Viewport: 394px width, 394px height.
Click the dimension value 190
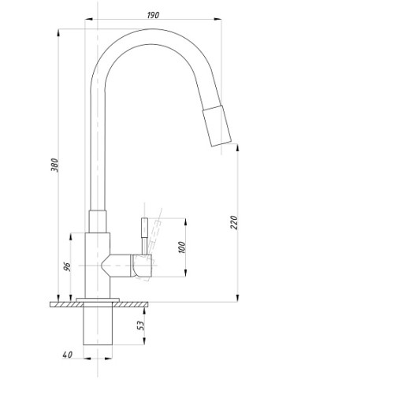[x=153, y=15]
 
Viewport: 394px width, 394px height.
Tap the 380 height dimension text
[x=54, y=165]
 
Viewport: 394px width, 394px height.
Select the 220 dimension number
[x=234, y=222]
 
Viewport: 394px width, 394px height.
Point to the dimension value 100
[x=182, y=247]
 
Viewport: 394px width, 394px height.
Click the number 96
[x=67, y=267]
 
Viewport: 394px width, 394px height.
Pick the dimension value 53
[x=141, y=325]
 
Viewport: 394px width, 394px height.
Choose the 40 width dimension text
[x=67, y=355]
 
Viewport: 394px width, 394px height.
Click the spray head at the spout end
[x=217, y=125]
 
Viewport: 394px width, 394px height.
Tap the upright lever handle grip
[x=144, y=228]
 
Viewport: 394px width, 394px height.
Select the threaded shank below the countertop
[x=98, y=325]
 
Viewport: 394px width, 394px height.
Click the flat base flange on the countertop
[x=98, y=299]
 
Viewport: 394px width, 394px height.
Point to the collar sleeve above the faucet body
[x=98, y=221]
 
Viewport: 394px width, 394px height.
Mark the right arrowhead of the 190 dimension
[x=217, y=19]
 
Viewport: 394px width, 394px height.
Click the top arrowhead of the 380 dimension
[x=58, y=33]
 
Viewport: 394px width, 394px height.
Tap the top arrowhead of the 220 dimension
[x=238, y=148]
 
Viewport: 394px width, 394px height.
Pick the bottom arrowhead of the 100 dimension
[x=185, y=273]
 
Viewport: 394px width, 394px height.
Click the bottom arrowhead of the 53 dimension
[x=144, y=340]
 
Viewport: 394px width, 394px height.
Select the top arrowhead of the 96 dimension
[x=71, y=237]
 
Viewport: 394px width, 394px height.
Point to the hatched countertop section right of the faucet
[x=130, y=304]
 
